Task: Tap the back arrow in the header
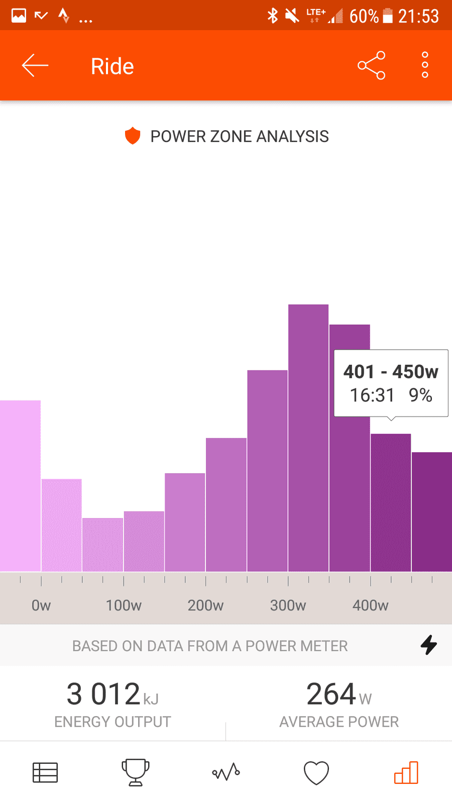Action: [35, 65]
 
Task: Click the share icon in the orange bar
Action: [371, 65]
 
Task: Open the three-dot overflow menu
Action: [425, 65]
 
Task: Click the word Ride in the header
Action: [112, 66]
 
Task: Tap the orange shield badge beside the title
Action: [133, 136]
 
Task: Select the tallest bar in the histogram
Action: [308, 438]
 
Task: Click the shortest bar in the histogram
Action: [102, 545]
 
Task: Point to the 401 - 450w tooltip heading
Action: [391, 371]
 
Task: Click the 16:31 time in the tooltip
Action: [372, 395]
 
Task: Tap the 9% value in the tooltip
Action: [420, 395]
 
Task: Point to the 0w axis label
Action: [41, 606]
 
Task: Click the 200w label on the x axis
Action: [205, 606]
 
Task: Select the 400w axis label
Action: [370, 606]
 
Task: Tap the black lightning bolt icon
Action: [429, 645]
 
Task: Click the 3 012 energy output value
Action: [103, 694]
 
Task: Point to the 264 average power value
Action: [331, 694]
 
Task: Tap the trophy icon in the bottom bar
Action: [135, 772]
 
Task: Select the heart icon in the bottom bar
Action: [316, 773]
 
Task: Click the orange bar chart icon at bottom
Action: [406, 772]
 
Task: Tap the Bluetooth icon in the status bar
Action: [273, 16]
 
